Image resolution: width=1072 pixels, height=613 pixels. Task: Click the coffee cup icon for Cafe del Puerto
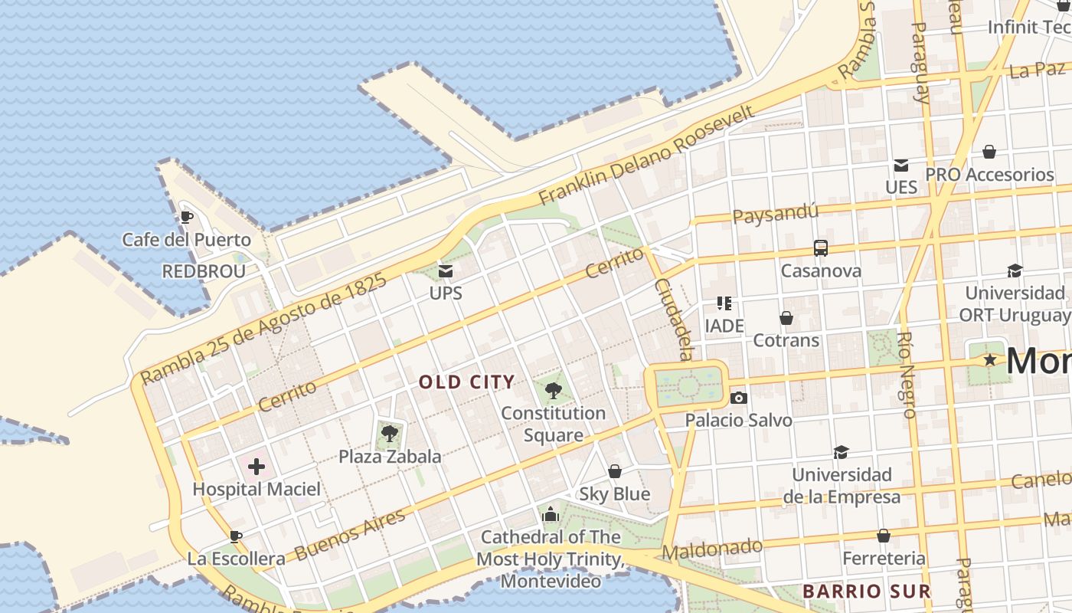pyautogui.click(x=186, y=217)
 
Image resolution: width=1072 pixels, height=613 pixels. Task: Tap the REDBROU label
pyautogui.click(x=204, y=271)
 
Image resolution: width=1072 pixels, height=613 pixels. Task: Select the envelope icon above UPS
pyautogui.click(x=445, y=270)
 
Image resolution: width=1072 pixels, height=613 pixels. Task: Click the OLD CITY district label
pyautogui.click(x=466, y=382)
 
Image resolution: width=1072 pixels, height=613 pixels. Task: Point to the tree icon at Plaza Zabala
pyautogui.click(x=390, y=434)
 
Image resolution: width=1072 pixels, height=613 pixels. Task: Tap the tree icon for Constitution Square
pyautogui.click(x=553, y=391)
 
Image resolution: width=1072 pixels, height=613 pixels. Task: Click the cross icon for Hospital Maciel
pyautogui.click(x=257, y=466)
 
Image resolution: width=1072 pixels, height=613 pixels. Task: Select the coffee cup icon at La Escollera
pyautogui.click(x=236, y=536)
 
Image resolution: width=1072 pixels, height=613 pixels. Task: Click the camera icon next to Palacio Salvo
pyautogui.click(x=739, y=398)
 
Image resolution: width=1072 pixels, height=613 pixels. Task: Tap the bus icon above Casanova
pyautogui.click(x=821, y=248)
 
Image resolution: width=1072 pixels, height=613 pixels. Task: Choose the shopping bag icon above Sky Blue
pyautogui.click(x=614, y=471)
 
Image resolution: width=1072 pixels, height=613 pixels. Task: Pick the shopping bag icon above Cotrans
pyautogui.click(x=786, y=317)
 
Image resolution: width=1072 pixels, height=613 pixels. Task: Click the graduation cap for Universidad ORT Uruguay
pyautogui.click(x=1015, y=270)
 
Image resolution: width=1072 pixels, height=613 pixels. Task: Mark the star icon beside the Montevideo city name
pyautogui.click(x=990, y=359)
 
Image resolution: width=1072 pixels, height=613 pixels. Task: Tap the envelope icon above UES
pyautogui.click(x=901, y=165)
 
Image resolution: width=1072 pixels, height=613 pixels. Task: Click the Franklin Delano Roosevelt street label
pyautogui.click(x=647, y=155)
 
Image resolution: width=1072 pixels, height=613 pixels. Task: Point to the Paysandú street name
pyautogui.click(x=776, y=212)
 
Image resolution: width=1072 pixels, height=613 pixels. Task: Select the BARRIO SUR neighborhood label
pyautogui.click(x=866, y=591)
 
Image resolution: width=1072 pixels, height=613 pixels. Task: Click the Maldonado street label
pyautogui.click(x=712, y=549)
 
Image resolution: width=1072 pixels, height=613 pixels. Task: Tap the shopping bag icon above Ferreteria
pyautogui.click(x=884, y=536)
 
